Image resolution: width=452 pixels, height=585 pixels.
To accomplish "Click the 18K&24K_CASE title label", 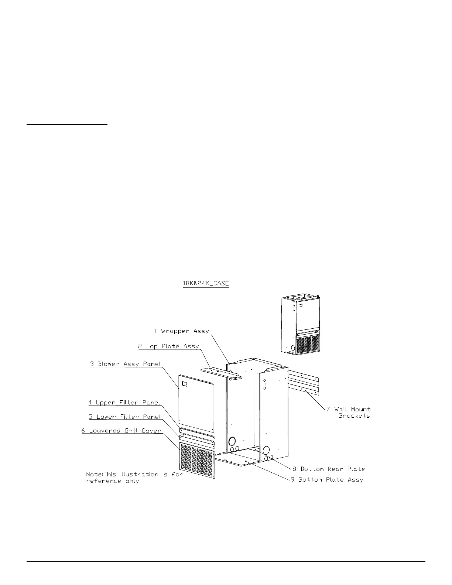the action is pyautogui.click(x=206, y=284).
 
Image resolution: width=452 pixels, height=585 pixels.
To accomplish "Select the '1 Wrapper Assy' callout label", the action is pyautogui.click(x=181, y=331).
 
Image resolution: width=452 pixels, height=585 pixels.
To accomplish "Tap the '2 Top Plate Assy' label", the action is pyautogui.click(x=168, y=346).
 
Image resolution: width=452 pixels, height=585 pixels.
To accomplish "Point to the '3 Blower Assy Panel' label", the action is pyautogui.click(x=126, y=364).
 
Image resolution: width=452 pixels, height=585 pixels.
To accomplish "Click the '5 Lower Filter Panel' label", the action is pyautogui.click(x=124, y=417).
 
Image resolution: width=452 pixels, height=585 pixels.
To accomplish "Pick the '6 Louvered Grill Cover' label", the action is pyautogui.click(x=121, y=431).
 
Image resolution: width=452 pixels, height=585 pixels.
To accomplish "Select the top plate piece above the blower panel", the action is pyautogui.click(x=222, y=373).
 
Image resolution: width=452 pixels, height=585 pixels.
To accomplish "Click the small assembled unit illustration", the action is pyautogui.click(x=299, y=325).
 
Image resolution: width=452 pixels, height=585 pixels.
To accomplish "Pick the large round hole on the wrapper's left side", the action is pyautogui.click(x=233, y=441).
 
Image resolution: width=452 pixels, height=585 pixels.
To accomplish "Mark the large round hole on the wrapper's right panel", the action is pyautogui.click(x=266, y=450).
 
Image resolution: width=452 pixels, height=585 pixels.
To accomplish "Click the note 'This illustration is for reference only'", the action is pyautogui.click(x=134, y=477).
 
